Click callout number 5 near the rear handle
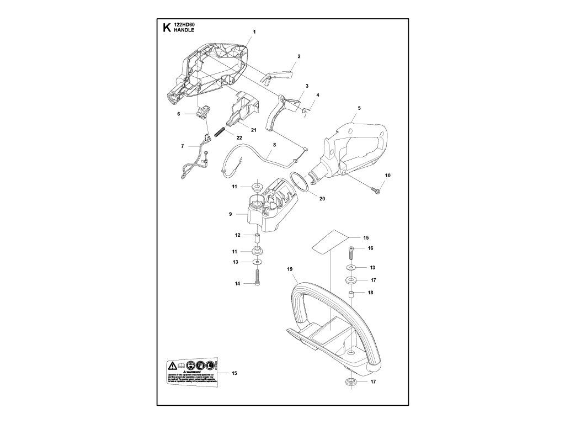click(359, 108)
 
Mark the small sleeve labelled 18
click(350, 293)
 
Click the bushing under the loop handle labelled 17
click(350, 383)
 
